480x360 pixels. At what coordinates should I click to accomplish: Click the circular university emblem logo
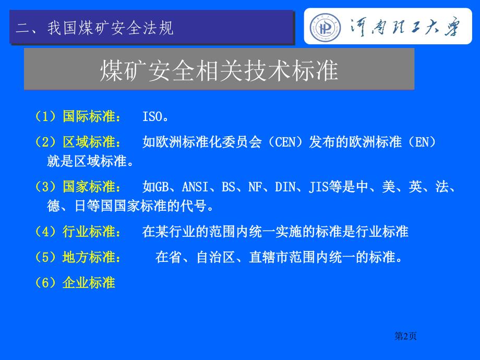pyautogui.click(x=325, y=27)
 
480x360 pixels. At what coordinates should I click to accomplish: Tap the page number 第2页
pyautogui.click(x=405, y=336)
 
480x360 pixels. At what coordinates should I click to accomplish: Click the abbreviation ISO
pyautogui.click(x=152, y=117)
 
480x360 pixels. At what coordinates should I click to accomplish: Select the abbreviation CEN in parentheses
pyautogui.click(x=285, y=142)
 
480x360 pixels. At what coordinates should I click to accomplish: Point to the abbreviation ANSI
pyautogui.click(x=195, y=187)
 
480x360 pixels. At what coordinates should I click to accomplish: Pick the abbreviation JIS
pyautogui.click(x=319, y=187)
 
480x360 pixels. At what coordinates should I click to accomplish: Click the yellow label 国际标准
pyautogui.click(x=89, y=117)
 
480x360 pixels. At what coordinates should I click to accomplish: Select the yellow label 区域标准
pyautogui.click(x=89, y=142)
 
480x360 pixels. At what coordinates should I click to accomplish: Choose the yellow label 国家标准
pyautogui.click(x=89, y=187)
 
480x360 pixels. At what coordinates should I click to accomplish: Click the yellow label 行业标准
pyautogui.click(x=89, y=232)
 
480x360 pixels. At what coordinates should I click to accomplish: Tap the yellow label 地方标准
pyautogui.click(x=89, y=257)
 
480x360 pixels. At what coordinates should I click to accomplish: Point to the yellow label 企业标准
pyautogui.click(x=89, y=283)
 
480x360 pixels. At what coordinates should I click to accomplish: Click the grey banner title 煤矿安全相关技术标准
pyautogui.click(x=219, y=70)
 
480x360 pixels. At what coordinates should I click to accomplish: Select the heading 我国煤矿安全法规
pyautogui.click(x=110, y=28)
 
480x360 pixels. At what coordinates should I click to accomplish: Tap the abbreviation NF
pyautogui.click(x=255, y=187)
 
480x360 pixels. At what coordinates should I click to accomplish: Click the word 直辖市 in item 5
pyautogui.click(x=269, y=257)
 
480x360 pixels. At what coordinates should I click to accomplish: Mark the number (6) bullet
pyautogui.click(x=45, y=283)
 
